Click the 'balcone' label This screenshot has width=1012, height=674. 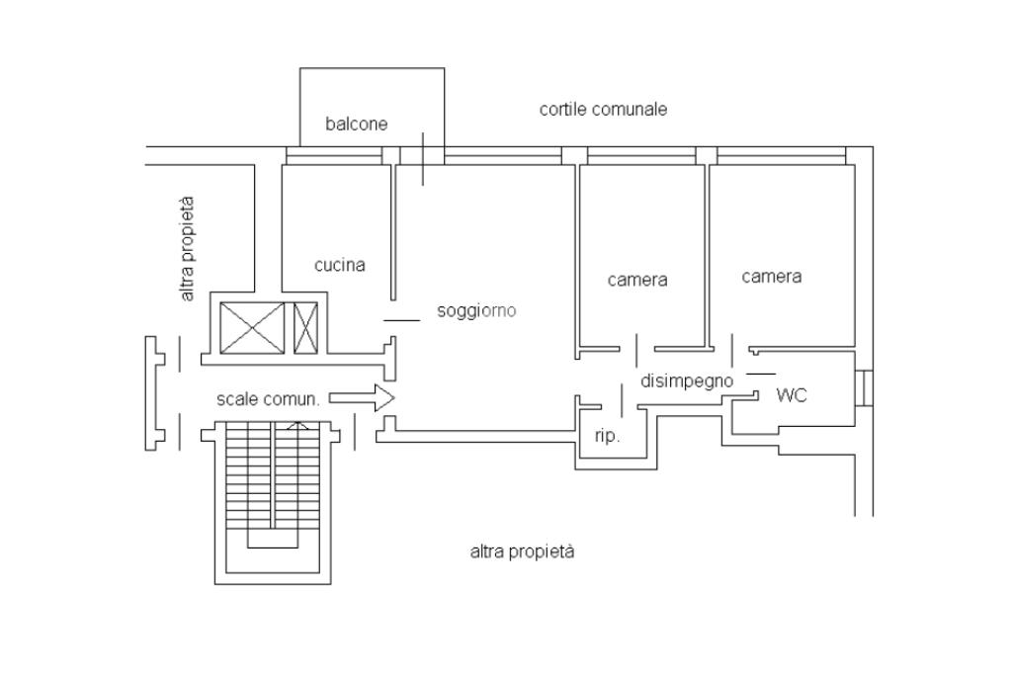[356, 124]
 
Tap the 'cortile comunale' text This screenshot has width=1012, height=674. [603, 109]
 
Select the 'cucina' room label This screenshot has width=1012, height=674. [340, 265]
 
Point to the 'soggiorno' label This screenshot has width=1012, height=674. [476, 311]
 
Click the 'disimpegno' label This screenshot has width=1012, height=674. [687, 381]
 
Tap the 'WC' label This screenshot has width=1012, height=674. [792, 395]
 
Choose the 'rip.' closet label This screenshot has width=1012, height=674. [608, 437]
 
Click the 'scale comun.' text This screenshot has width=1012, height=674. [268, 399]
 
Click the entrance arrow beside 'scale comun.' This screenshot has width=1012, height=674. [362, 398]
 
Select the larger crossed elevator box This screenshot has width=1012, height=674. [252, 328]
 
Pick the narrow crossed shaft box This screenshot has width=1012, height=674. [306, 328]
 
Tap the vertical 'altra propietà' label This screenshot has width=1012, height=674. [187, 249]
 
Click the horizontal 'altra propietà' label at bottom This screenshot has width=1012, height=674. [522, 552]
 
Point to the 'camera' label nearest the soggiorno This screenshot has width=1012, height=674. [637, 280]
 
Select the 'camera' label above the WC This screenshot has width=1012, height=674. [771, 277]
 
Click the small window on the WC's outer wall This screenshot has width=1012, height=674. [864, 388]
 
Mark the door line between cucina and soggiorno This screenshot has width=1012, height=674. [401, 320]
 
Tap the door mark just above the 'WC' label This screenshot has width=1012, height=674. [761, 374]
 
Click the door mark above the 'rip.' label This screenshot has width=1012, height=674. [623, 400]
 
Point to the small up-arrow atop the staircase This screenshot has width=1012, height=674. [296, 425]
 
